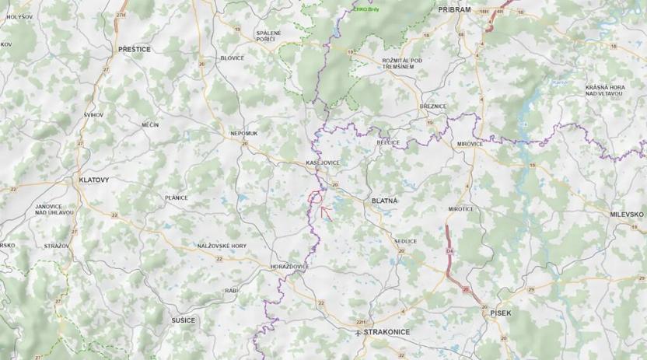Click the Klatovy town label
[x=94, y=180]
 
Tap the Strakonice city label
[x=386, y=331]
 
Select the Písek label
[x=501, y=313]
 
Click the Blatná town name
[x=385, y=201]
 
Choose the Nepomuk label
[x=243, y=134]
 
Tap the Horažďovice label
[x=289, y=266]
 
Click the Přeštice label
[x=135, y=48]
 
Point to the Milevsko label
[x=627, y=214]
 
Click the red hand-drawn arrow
[x=327, y=213]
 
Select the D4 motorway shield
[x=449, y=251]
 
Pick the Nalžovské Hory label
[x=222, y=246]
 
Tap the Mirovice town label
[x=470, y=144]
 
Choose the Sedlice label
[x=405, y=241]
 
